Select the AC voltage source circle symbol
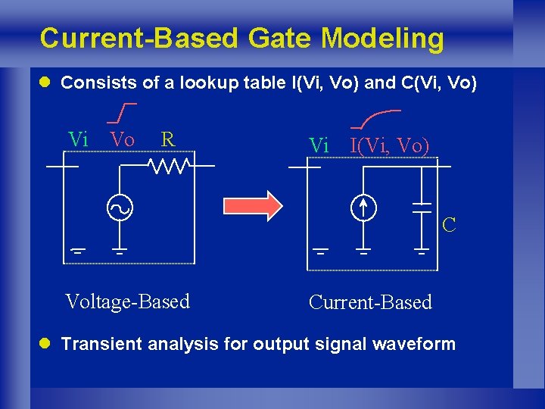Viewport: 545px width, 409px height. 120,207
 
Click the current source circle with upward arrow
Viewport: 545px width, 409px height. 363,207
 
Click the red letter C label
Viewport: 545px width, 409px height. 449,225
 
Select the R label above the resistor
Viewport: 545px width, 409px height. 168,139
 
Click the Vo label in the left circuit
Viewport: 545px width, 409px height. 122,139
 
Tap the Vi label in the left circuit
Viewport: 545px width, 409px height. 78,139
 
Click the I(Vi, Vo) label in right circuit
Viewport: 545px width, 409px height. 389,145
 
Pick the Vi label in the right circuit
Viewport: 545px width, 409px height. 319,145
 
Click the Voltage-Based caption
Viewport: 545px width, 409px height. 127,301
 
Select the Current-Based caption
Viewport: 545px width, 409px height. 370,302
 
